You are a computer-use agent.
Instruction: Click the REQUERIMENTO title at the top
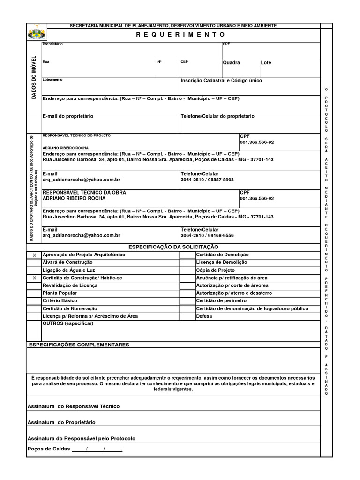[x=180, y=35]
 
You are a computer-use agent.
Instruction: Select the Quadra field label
[x=232, y=63]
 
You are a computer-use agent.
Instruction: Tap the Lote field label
[x=266, y=63]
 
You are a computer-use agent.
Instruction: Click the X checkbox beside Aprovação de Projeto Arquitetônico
[x=34, y=255]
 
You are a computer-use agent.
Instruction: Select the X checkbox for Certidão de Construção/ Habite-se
[x=34, y=278]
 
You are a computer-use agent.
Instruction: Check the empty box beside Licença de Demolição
[x=187, y=262]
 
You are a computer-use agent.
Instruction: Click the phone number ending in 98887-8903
[x=207, y=180]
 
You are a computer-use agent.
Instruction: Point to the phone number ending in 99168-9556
[x=207, y=236]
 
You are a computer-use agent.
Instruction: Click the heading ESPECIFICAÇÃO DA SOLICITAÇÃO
[x=173, y=247]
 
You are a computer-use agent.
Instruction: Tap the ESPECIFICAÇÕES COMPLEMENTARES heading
[x=79, y=345]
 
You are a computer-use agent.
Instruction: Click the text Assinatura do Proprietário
[x=61, y=422]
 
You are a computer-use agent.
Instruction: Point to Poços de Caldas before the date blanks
[x=49, y=449]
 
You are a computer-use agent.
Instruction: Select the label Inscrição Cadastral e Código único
[x=221, y=81]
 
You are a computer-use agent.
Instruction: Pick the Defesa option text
[x=204, y=316]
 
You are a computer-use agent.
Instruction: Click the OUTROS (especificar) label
[x=68, y=323]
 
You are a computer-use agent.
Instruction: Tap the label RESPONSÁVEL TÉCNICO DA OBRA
[x=84, y=193]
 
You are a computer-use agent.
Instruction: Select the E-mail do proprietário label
[x=68, y=116]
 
